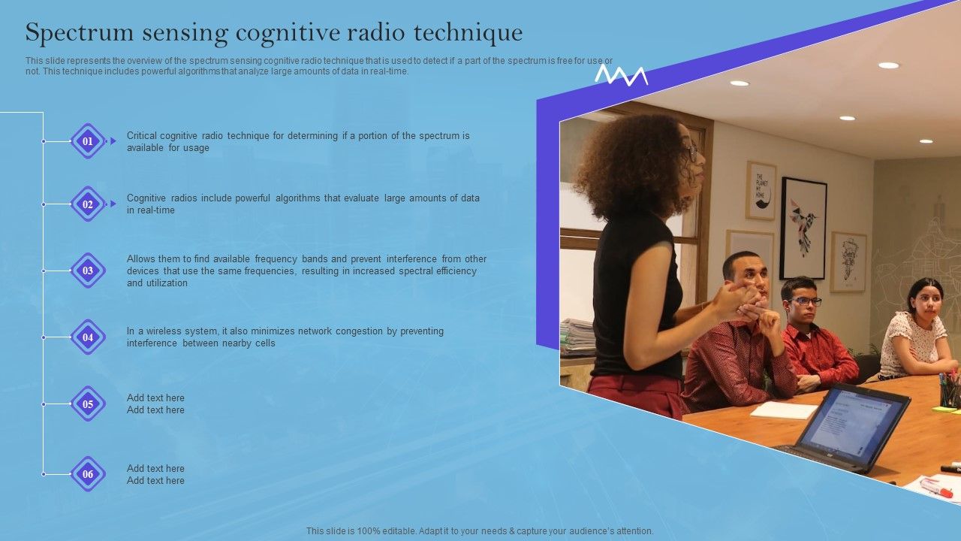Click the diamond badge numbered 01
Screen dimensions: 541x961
88,141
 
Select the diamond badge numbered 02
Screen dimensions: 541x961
88,204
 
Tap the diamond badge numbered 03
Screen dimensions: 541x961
88,270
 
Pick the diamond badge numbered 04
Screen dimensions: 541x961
88,337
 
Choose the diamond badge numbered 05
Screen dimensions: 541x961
88,404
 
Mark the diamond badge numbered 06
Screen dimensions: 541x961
88,474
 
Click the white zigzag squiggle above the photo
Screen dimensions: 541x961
621,74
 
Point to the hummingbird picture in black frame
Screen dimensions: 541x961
803,228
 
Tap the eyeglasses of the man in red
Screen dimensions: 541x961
805,301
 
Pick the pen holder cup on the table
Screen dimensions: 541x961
950,392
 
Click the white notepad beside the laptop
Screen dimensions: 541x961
783,410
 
